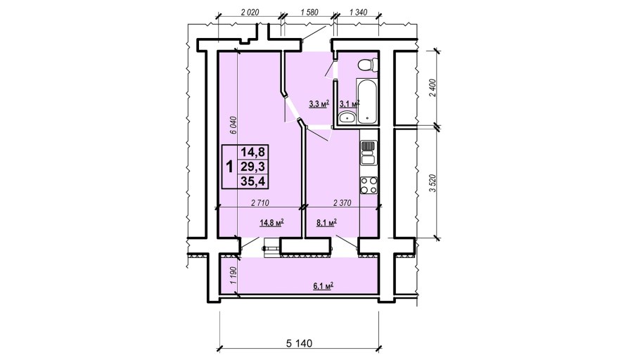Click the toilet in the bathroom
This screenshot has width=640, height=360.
coord(366,65)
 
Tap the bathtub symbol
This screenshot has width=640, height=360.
coord(366,101)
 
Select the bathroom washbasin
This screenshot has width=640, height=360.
coord(347,117)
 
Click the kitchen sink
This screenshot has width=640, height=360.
coord(368,153)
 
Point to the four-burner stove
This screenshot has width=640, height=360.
coord(368,186)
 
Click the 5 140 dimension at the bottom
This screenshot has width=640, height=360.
coord(299,343)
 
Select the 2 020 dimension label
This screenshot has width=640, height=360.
coord(250,12)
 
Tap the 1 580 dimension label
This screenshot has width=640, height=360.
coord(309,12)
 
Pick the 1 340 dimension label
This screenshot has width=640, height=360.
coord(358,12)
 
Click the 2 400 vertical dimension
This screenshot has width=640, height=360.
coord(433,87)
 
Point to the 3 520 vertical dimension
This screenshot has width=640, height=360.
coord(433,184)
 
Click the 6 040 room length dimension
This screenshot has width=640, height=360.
coord(233,126)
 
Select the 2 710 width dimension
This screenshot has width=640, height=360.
coord(260,202)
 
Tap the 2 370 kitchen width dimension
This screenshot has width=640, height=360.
coord(342,202)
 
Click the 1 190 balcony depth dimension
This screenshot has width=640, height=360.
coord(233,276)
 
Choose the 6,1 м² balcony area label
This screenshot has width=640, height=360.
coord(324,286)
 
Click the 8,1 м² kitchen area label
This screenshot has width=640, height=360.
coord(326,222)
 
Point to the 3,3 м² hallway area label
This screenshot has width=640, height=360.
coord(319,103)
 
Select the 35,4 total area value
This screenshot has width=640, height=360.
coord(253,181)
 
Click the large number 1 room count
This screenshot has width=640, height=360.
coord(230,167)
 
